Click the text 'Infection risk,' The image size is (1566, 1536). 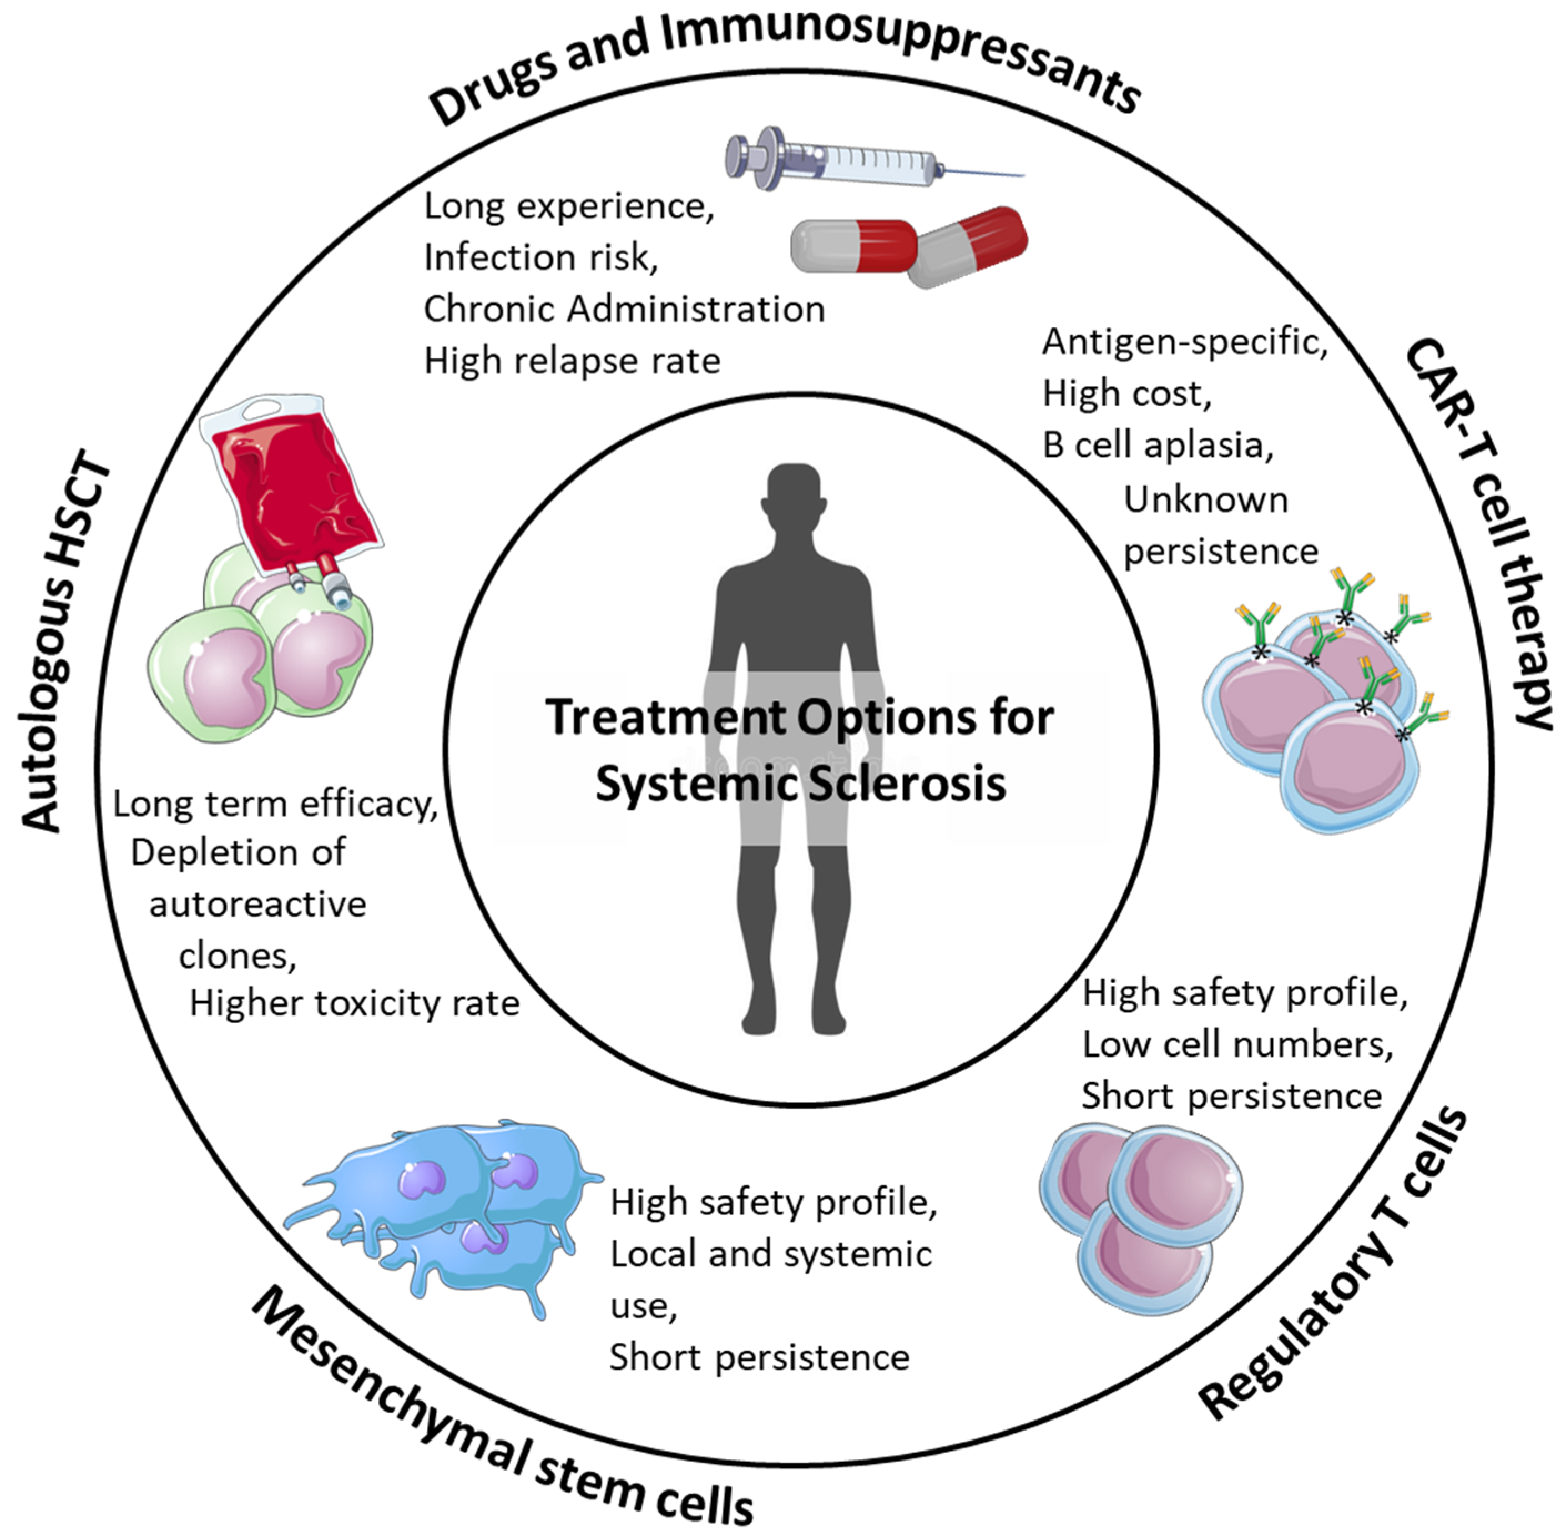point(540,258)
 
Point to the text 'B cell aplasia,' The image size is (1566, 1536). point(1158,445)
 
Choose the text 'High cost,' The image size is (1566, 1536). point(1126,393)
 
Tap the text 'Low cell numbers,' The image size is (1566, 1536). point(1237,1045)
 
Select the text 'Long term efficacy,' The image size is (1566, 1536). point(275,804)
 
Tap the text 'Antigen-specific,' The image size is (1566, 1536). point(1184,342)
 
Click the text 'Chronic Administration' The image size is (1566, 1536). point(624,310)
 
